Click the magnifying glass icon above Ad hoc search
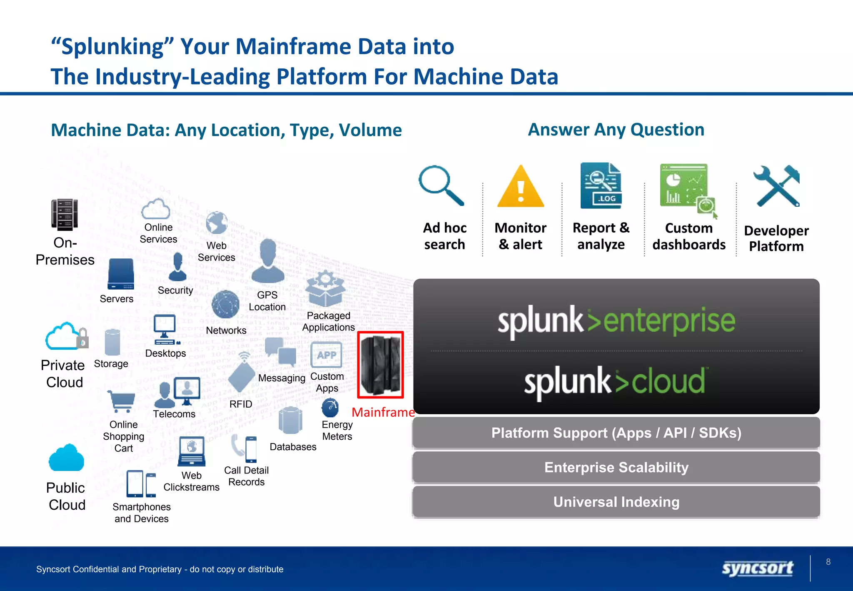point(441,185)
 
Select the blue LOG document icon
point(601,186)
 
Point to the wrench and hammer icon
point(777,186)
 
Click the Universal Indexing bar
point(616,502)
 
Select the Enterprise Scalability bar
point(616,467)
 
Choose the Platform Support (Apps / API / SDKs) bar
point(616,433)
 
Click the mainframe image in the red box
point(381,365)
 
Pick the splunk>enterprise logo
point(616,321)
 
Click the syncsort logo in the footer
point(758,568)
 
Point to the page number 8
point(828,562)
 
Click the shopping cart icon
point(121,401)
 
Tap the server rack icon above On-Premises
point(65,215)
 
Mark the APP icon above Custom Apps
point(327,355)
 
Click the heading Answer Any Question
point(616,130)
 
